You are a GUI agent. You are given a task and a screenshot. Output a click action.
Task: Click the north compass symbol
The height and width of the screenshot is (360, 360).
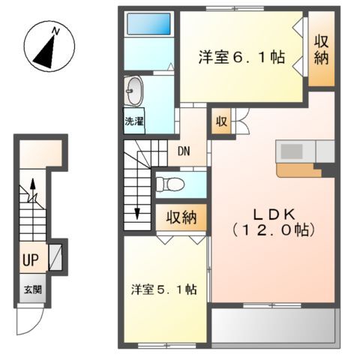(x=47, y=46)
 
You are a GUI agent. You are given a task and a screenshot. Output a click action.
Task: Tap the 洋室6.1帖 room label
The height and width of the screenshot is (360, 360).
(x=241, y=58)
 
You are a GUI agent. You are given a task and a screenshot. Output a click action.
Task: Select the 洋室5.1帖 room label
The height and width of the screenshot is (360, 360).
(x=164, y=289)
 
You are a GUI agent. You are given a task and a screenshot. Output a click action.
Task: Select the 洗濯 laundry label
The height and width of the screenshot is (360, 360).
(x=135, y=121)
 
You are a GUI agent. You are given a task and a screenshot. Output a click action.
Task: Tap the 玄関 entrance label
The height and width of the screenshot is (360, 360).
(x=31, y=289)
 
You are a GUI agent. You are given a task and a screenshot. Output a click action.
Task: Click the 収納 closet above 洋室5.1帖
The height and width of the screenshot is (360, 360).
(x=181, y=217)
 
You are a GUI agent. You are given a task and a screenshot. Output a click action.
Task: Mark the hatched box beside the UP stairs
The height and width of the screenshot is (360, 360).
(x=55, y=257)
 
